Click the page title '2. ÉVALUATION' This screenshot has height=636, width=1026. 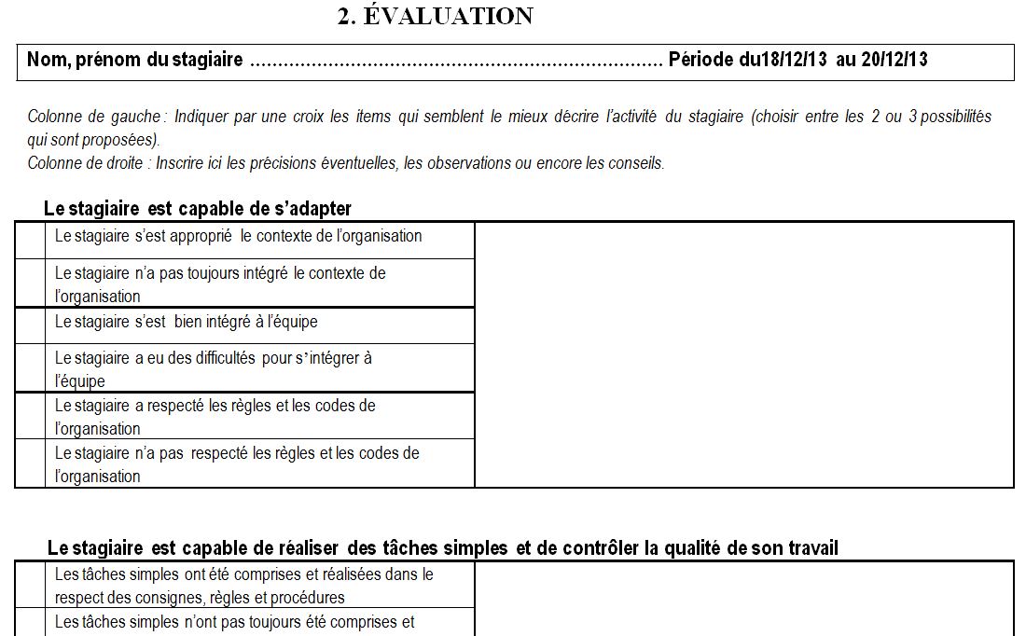[435, 17]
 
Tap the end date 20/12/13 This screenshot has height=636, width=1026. [894, 61]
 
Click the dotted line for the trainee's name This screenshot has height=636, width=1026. [456, 62]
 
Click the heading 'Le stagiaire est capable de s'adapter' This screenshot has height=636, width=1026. [198, 207]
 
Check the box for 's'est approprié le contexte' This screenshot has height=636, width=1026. [31, 241]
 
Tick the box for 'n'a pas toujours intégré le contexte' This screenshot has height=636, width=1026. [31, 283]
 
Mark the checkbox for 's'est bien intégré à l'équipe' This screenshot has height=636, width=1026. [31, 325]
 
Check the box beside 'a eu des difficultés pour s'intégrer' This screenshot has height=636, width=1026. [31, 367]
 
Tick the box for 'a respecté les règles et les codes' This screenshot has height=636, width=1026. [31, 416]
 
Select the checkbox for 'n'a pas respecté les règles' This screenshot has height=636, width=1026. [31, 463]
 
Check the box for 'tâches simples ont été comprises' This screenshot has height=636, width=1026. [31, 585]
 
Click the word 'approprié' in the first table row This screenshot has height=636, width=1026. [200, 237]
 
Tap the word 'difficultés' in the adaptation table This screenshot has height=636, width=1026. [213, 357]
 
